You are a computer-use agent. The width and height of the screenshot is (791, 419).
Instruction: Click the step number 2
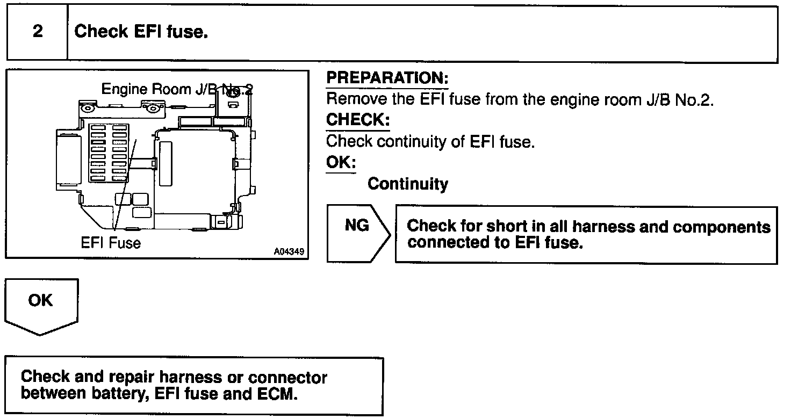point(37,32)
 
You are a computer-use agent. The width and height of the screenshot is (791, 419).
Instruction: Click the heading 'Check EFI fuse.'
point(141,32)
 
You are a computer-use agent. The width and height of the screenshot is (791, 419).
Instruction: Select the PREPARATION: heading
point(387,78)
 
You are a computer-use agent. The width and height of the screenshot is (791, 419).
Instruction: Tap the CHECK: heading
point(357,120)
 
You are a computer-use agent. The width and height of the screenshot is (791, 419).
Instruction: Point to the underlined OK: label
point(341,162)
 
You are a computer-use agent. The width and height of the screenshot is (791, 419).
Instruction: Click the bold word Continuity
point(407,184)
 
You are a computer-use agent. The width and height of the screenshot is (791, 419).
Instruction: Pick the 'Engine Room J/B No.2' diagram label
point(177,89)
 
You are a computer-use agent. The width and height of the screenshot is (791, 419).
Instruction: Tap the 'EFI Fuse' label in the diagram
point(111,243)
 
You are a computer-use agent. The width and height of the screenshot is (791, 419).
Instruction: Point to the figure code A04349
point(287,251)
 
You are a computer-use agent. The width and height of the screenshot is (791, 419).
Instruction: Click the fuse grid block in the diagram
point(106,152)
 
